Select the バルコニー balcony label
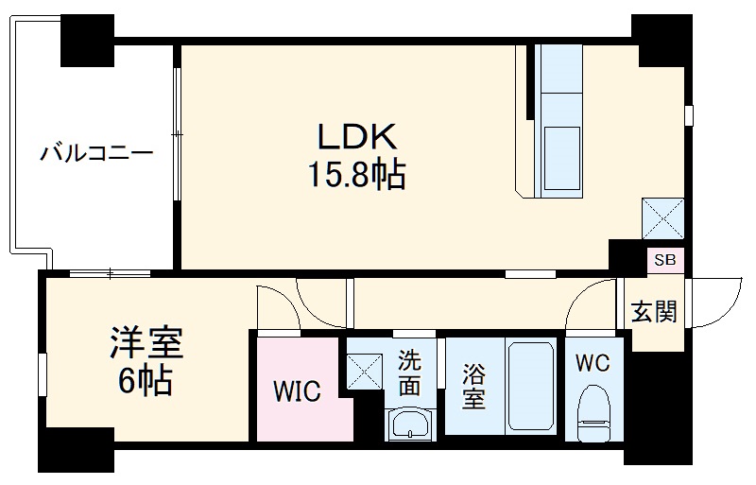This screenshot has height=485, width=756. (x=95, y=151)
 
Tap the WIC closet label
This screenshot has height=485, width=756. (x=297, y=390)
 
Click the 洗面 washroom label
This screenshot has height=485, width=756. (x=409, y=372)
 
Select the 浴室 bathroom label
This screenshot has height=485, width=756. (x=472, y=387)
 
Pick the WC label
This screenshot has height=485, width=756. (x=593, y=362)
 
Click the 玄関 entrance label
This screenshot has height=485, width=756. (x=654, y=311)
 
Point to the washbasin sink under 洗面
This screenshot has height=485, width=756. (x=410, y=424)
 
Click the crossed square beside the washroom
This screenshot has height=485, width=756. (x=362, y=366)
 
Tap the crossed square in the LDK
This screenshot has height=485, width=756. (x=662, y=218)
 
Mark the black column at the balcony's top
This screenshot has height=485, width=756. (x=88, y=37)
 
